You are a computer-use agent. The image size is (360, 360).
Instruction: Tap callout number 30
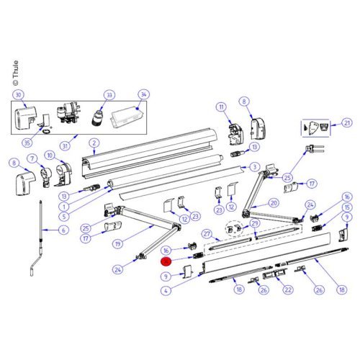[19, 95]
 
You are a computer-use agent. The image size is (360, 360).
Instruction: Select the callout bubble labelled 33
[109, 95]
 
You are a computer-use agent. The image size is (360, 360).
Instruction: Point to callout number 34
[143, 95]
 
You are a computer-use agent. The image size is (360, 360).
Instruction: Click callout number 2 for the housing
[93, 143]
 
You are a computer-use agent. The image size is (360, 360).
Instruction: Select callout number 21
[346, 123]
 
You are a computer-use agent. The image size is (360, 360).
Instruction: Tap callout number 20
[273, 203]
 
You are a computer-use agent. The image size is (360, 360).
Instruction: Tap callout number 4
[166, 291]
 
